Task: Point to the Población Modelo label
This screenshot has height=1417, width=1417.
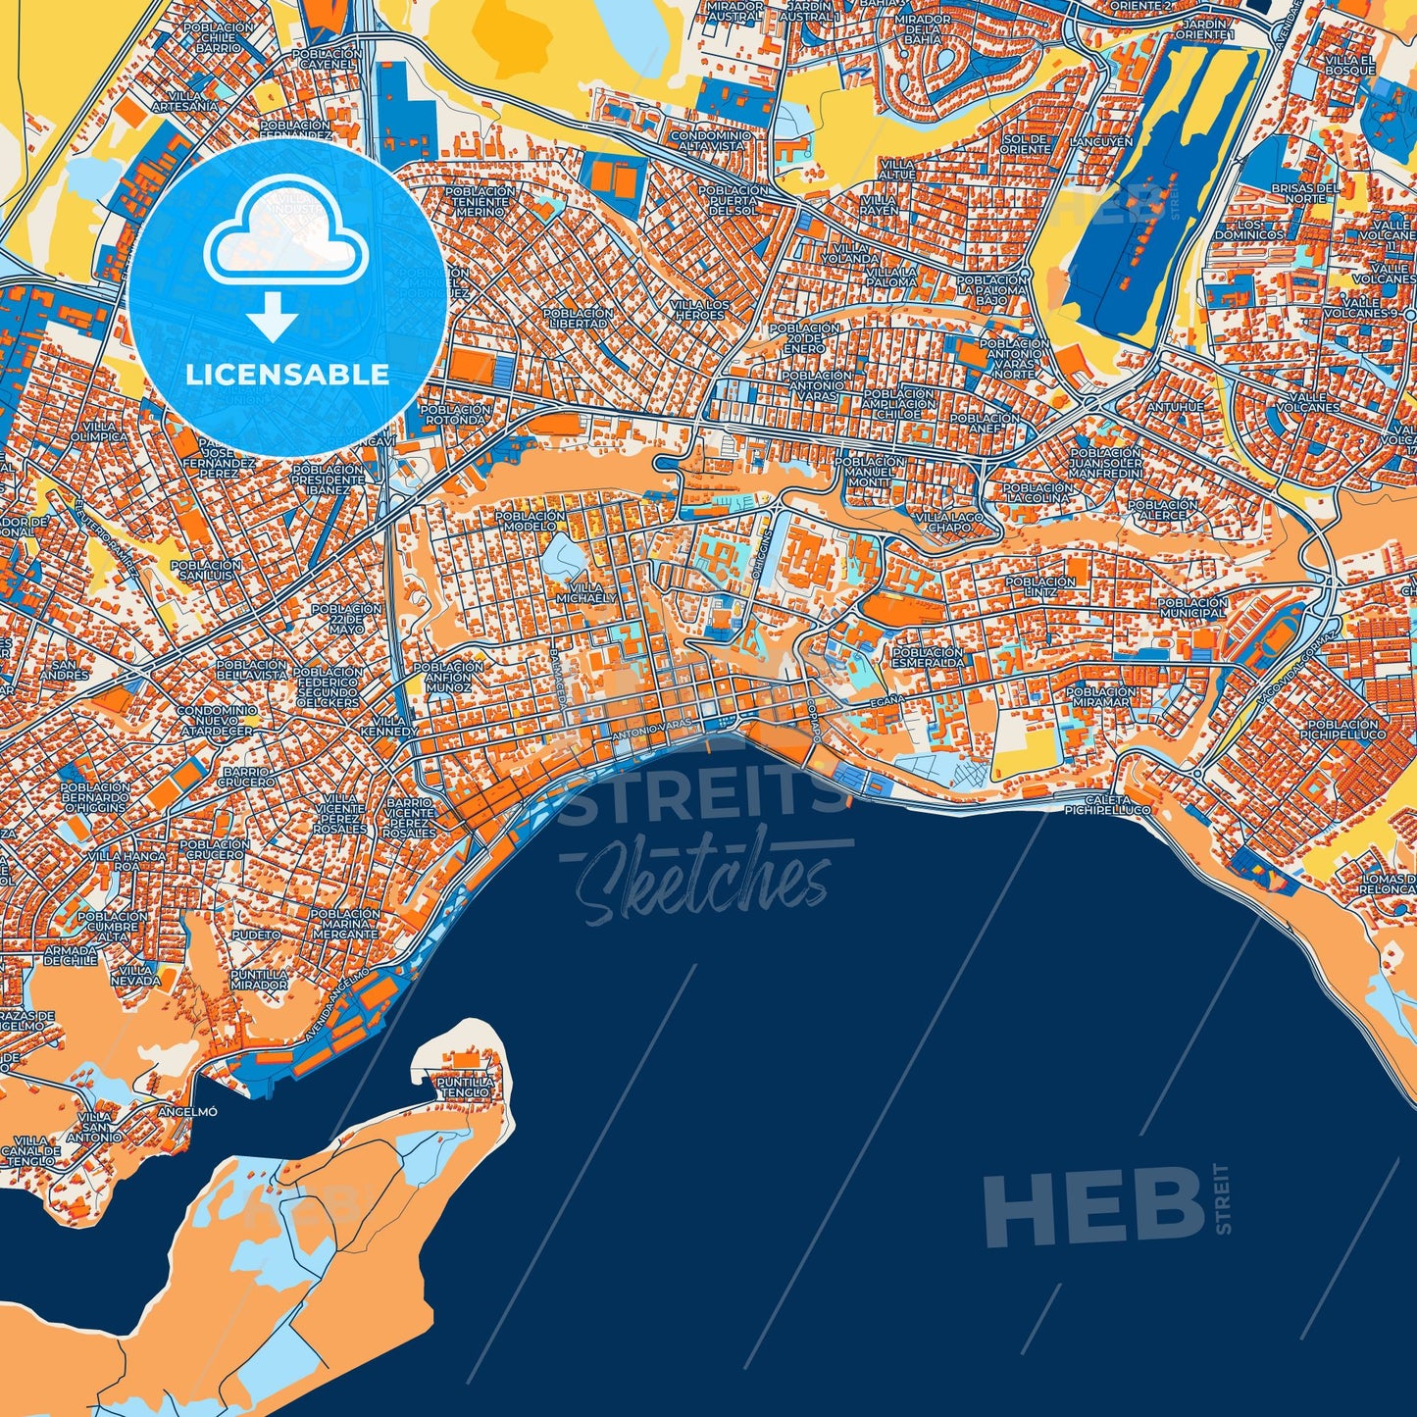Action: pyautogui.click(x=531, y=521)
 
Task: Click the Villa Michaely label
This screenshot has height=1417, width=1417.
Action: pyautogui.click(x=586, y=592)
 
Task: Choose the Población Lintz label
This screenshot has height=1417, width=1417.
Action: pyautogui.click(x=1039, y=586)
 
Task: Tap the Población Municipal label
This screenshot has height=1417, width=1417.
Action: pyautogui.click(x=1191, y=607)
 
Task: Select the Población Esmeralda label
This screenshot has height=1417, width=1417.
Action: pyautogui.click(x=928, y=657)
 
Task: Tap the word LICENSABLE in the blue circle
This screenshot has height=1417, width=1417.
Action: pyautogui.click(x=287, y=375)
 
